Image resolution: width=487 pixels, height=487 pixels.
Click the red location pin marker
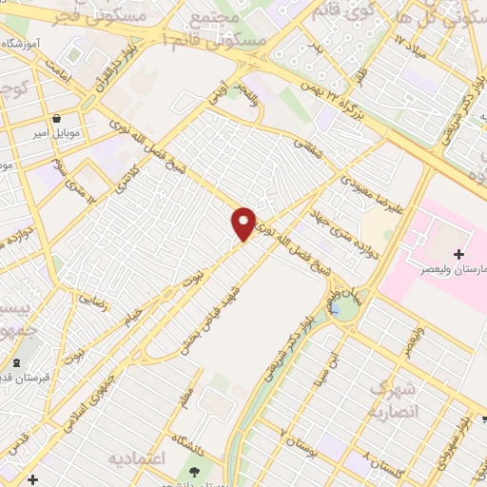[244, 223]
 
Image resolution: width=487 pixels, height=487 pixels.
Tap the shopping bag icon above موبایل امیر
[58, 121]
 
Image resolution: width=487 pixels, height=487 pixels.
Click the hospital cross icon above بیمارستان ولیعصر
[460, 254]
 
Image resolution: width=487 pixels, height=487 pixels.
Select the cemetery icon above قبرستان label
[17, 363]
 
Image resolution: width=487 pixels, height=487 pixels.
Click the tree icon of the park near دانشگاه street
[194, 472]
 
